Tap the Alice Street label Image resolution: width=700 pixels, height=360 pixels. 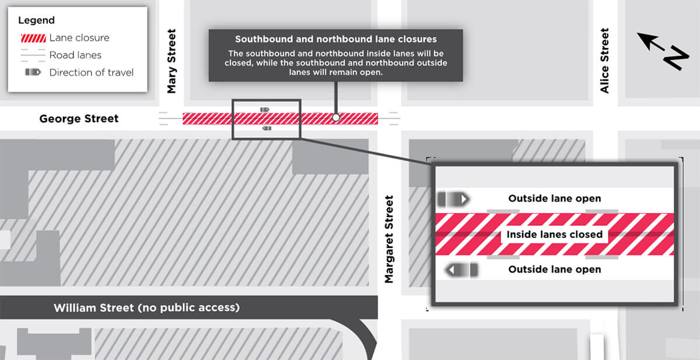604,60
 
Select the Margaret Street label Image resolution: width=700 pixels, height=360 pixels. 389,239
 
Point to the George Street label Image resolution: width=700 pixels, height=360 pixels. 79,118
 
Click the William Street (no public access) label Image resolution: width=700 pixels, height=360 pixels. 146,307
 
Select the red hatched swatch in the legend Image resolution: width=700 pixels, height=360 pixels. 33,38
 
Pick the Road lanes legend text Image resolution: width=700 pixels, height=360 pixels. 75,55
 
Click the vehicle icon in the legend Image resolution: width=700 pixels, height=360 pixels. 33,72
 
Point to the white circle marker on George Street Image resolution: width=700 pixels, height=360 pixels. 335,118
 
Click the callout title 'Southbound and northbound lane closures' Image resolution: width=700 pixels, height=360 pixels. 335,39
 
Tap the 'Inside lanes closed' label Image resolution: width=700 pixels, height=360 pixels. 554,235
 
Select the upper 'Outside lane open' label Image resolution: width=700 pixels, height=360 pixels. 554,198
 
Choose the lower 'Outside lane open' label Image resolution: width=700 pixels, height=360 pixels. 554,270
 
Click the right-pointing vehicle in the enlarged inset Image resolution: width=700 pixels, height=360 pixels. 453,200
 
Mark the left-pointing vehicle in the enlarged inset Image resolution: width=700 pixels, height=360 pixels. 461,270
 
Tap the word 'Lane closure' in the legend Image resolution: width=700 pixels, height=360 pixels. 79,38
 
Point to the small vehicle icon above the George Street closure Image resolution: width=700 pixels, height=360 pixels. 264,109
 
